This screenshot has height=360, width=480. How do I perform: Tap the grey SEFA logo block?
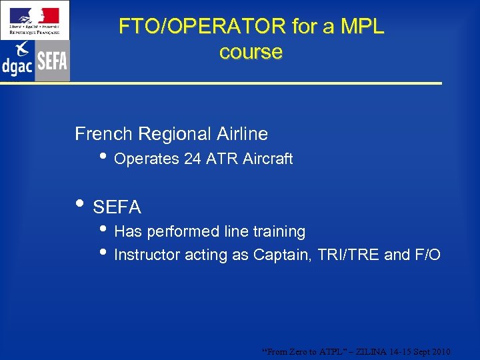pos(52,61)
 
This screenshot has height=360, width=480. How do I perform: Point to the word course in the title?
pos(251,52)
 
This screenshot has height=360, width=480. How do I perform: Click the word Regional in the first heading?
pos(175,134)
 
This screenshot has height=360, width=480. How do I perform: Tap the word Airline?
pos(242,134)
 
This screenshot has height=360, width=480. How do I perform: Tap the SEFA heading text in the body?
pos(117,208)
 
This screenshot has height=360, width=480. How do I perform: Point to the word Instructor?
pos(147,255)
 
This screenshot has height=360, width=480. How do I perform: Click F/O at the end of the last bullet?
pos(426,255)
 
